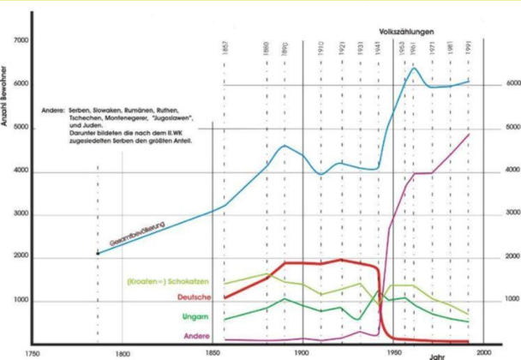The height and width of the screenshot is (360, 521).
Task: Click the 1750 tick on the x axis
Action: pyautogui.click(x=31, y=352)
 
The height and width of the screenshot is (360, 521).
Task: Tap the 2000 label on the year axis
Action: pyautogui.click(x=482, y=352)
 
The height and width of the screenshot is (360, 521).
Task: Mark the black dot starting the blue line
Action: pyautogui.click(x=98, y=253)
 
